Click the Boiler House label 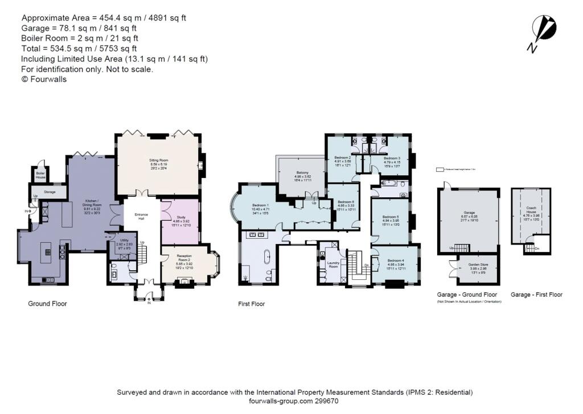pos(40,176)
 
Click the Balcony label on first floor pos(302,176)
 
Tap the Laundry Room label pos(333,265)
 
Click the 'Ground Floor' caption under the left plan pos(47,304)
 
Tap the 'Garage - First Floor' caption pos(536,295)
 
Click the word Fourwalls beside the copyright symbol pos(48,80)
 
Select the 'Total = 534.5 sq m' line pos(79,49)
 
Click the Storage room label pos(50,193)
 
